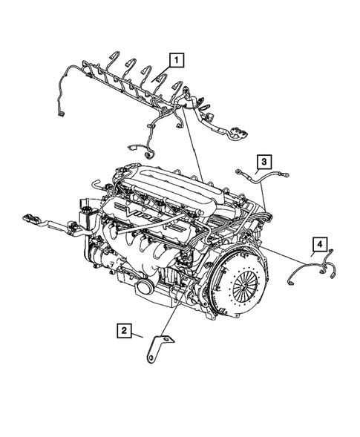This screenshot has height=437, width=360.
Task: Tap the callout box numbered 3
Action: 264,161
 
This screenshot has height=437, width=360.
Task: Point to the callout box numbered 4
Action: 318,243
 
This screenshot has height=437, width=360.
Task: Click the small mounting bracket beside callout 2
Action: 158,349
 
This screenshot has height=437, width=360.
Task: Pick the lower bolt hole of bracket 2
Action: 153,360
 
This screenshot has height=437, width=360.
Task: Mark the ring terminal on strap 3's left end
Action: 238,171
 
